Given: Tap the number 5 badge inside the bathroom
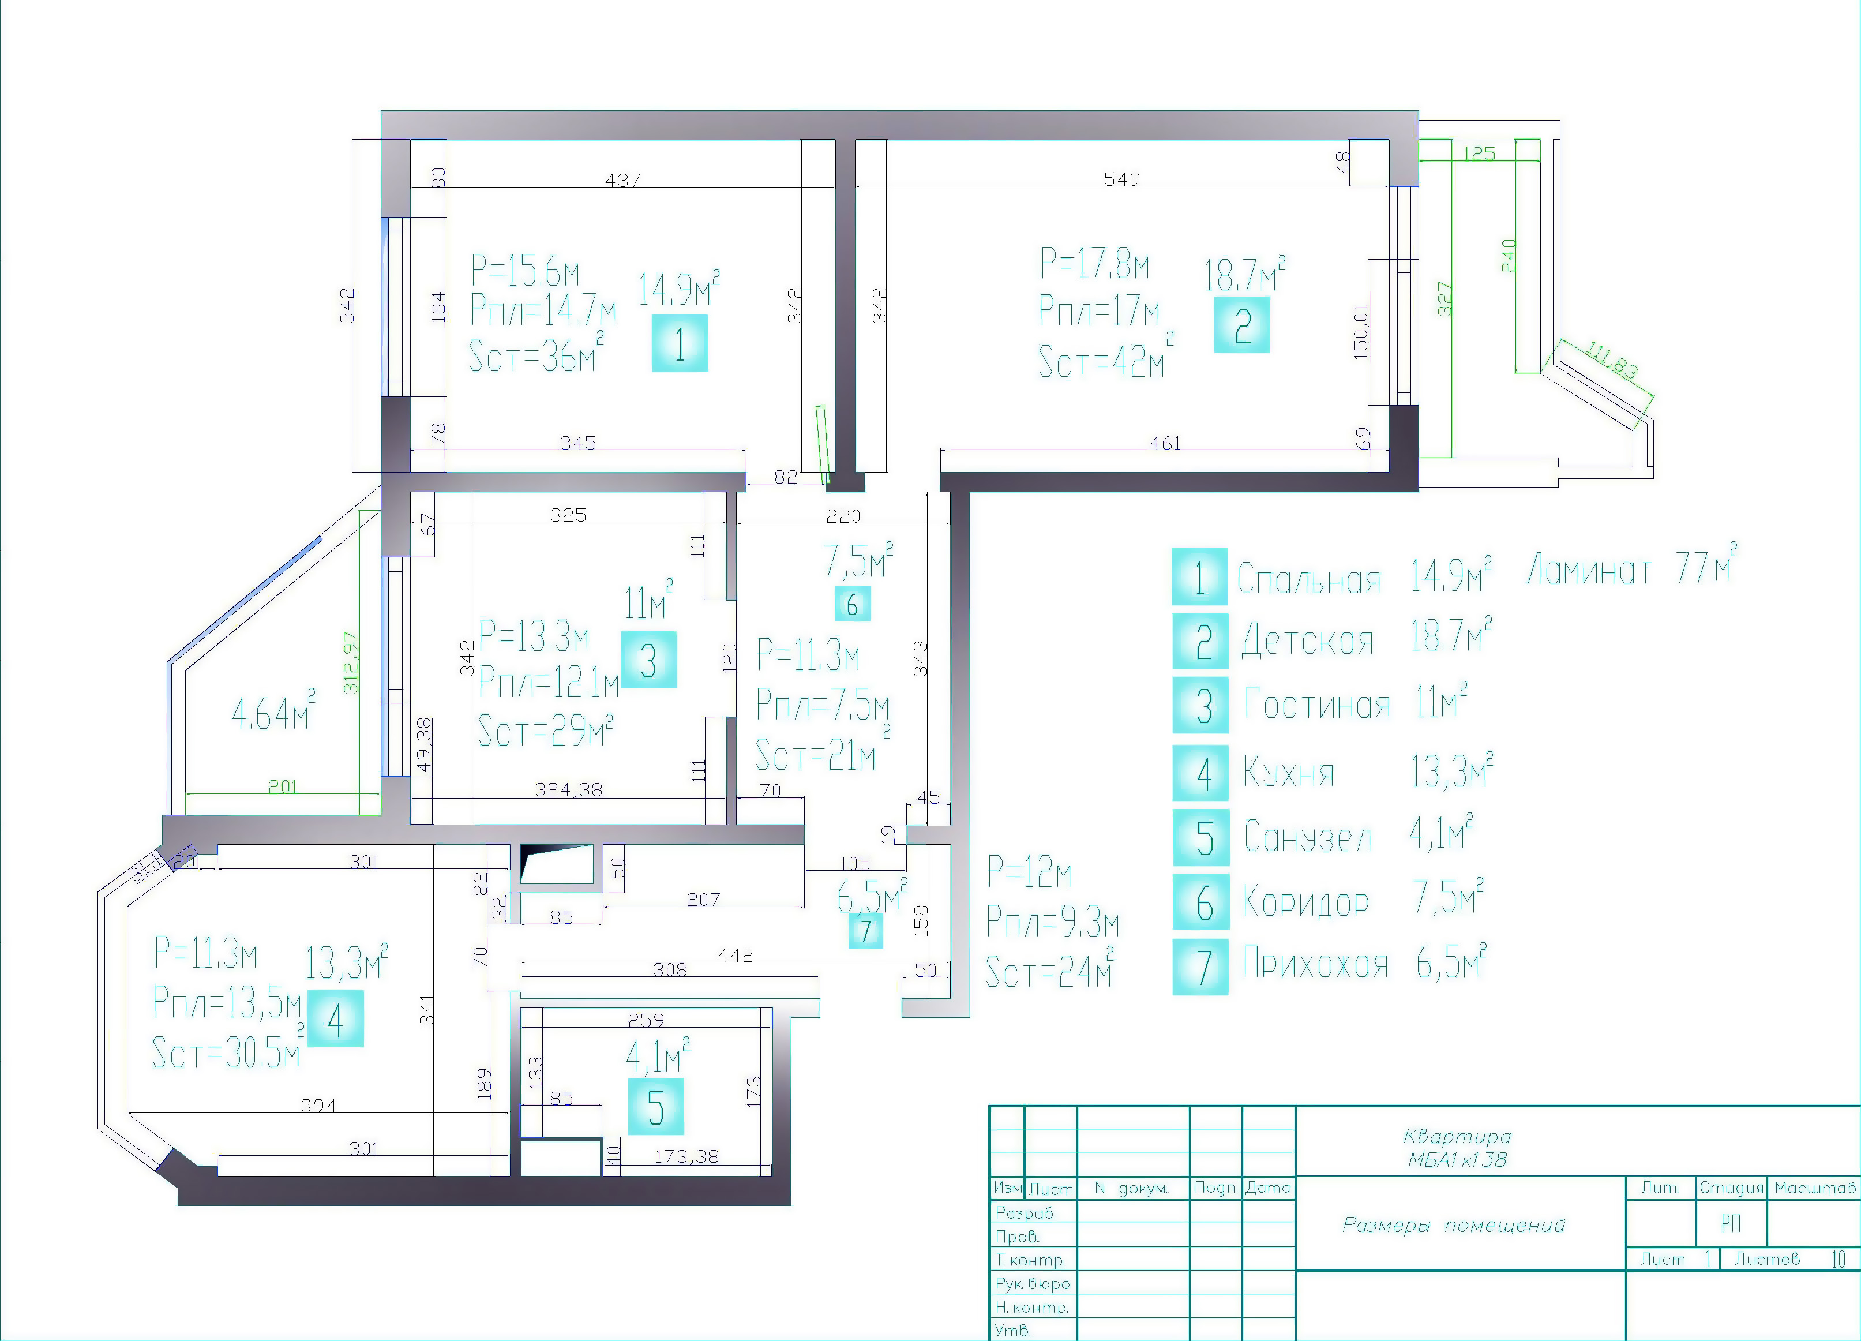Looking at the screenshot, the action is tap(655, 1106).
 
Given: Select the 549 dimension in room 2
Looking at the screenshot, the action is tap(1121, 179).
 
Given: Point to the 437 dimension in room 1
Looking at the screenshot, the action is tap(623, 179).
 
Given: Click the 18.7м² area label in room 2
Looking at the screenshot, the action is tap(1244, 274).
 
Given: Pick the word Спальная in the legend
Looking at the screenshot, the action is tap(1309, 579).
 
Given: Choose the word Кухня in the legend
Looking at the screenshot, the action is tap(1288, 772).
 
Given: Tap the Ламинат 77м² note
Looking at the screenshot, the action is tap(1631, 565).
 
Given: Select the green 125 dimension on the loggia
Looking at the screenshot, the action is tap(1479, 153).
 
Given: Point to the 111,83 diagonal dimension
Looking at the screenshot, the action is tap(1612, 360).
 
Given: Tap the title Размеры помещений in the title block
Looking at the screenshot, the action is tap(1453, 1225).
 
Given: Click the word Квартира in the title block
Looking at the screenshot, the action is tap(1457, 1137).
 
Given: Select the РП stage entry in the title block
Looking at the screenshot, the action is tap(1731, 1224).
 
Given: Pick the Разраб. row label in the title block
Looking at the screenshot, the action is tap(1025, 1213).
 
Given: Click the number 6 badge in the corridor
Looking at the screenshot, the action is tap(853, 604).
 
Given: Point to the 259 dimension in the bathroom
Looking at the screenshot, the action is tap(646, 1020).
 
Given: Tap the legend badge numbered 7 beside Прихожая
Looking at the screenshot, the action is tap(1200, 967).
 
